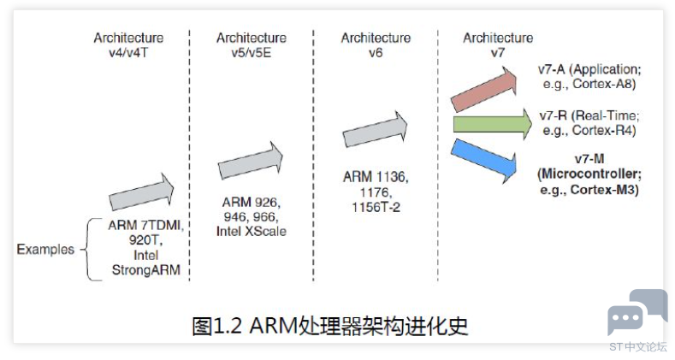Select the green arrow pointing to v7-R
(493, 124)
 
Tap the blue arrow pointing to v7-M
(484, 160)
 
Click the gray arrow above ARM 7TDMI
(141, 192)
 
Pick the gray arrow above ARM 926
(250, 161)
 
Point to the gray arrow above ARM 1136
(375, 129)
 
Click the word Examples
(45, 250)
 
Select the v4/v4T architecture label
(128, 53)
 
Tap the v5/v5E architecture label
(251, 53)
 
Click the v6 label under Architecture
(376, 53)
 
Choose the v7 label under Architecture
(498, 53)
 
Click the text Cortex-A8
(604, 84)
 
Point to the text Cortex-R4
(604, 130)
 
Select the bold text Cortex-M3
(604, 190)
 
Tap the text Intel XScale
(251, 232)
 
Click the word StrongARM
(146, 270)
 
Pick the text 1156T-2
(376, 208)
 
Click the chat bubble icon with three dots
(625, 318)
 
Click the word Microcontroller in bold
(589, 174)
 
